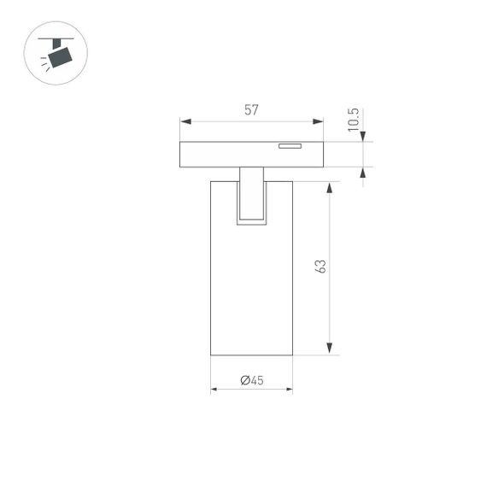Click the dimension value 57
point(251,109)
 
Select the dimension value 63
point(321,267)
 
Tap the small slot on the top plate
point(290,146)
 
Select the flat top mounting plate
point(251,155)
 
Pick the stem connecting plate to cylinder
point(251,192)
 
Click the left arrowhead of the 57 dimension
point(184,121)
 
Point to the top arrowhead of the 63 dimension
point(330,186)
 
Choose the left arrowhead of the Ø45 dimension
point(214,390)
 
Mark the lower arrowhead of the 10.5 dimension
point(363,173)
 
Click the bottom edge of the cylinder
point(251,355)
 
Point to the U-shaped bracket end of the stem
point(251,223)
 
